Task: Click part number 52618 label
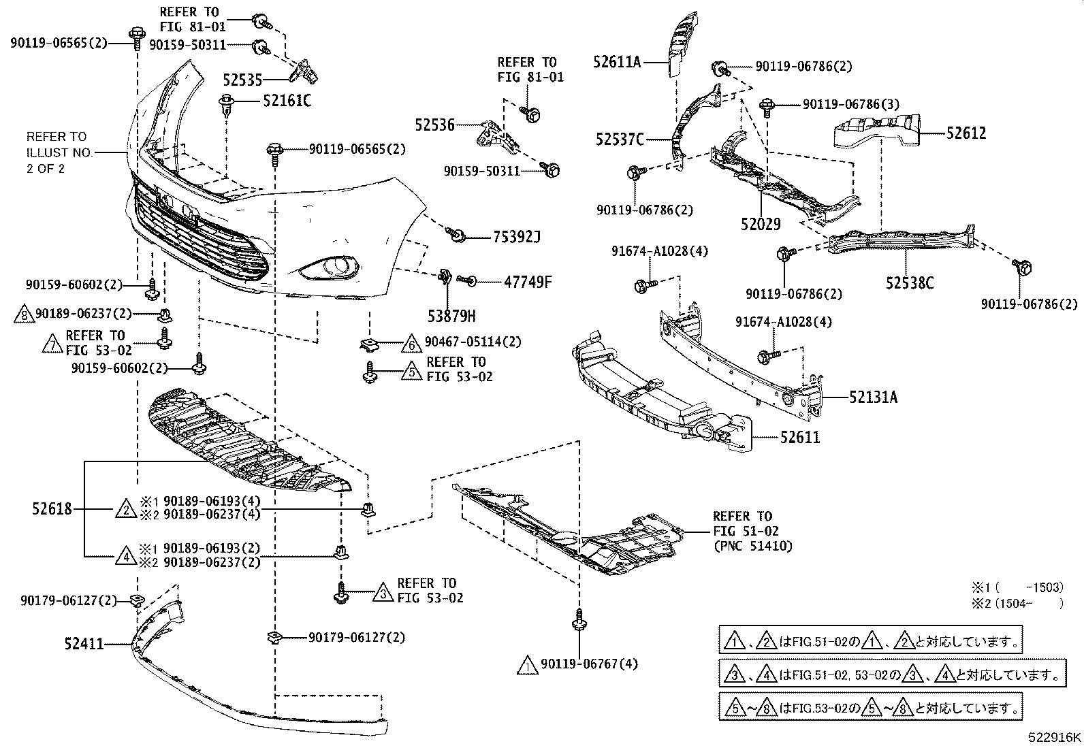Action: pyautogui.click(x=52, y=508)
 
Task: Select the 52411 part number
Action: pyautogui.click(x=84, y=643)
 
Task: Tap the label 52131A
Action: pyautogui.click(x=874, y=397)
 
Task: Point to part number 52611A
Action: pyautogui.click(x=617, y=63)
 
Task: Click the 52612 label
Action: pyautogui.click(x=966, y=133)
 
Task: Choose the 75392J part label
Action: pyautogui.click(x=516, y=238)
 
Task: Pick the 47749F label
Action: pyautogui.click(x=528, y=280)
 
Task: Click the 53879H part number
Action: pyautogui.click(x=451, y=316)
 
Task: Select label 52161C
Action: pyautogui.click(x=287, y=101)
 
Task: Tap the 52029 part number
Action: pyautogui.click(x=760, y=224)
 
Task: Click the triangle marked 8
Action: pyautogui.click(x=24, y=314)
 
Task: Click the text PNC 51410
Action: pyautogui.click(x=752, y=545)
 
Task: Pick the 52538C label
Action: pyautogui.click(x=910, y=282)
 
